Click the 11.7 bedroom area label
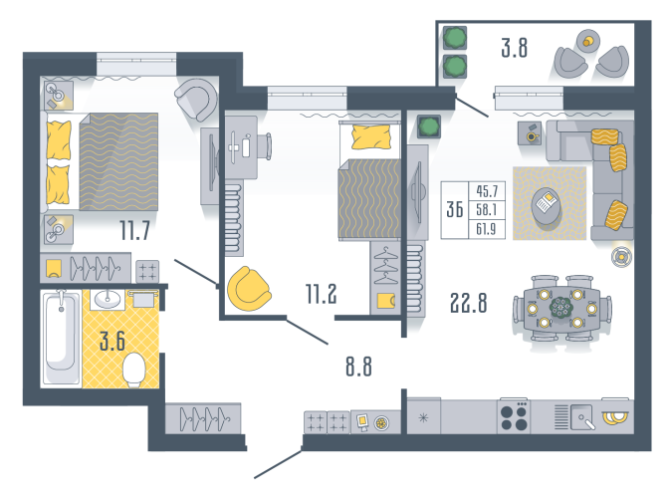click(134, 231)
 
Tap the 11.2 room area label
click(321, 294)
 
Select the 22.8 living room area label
click(468, 303)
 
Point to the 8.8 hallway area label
click(358, 367)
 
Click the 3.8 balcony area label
click(515, 48)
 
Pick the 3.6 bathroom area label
click(112, 342)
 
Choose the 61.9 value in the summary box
click(486, 229)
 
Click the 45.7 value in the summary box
click(487, 190)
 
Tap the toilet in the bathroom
click(134, 370)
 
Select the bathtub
click(61, 338)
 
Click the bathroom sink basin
click(108, 299)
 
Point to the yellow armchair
click(249, 289)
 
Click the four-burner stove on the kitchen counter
click(514, 417)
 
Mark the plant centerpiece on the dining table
click(560, 307)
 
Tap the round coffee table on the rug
click(547, 206)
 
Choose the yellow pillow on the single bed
click(371, 136)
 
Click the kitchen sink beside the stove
click(582, 416)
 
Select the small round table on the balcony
click(588, 41)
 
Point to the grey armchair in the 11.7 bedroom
click(197, 100)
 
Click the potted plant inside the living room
click(429, 126)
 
